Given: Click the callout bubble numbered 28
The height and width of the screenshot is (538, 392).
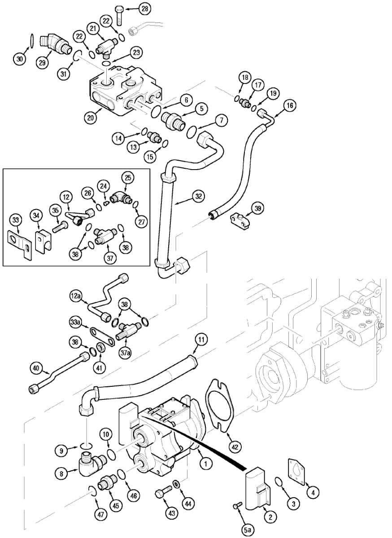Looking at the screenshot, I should tap(132, 9).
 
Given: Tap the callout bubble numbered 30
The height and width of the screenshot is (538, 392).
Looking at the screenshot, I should tap(19, 59).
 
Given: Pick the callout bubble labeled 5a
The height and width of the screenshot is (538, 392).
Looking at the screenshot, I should tap(248, 530).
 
